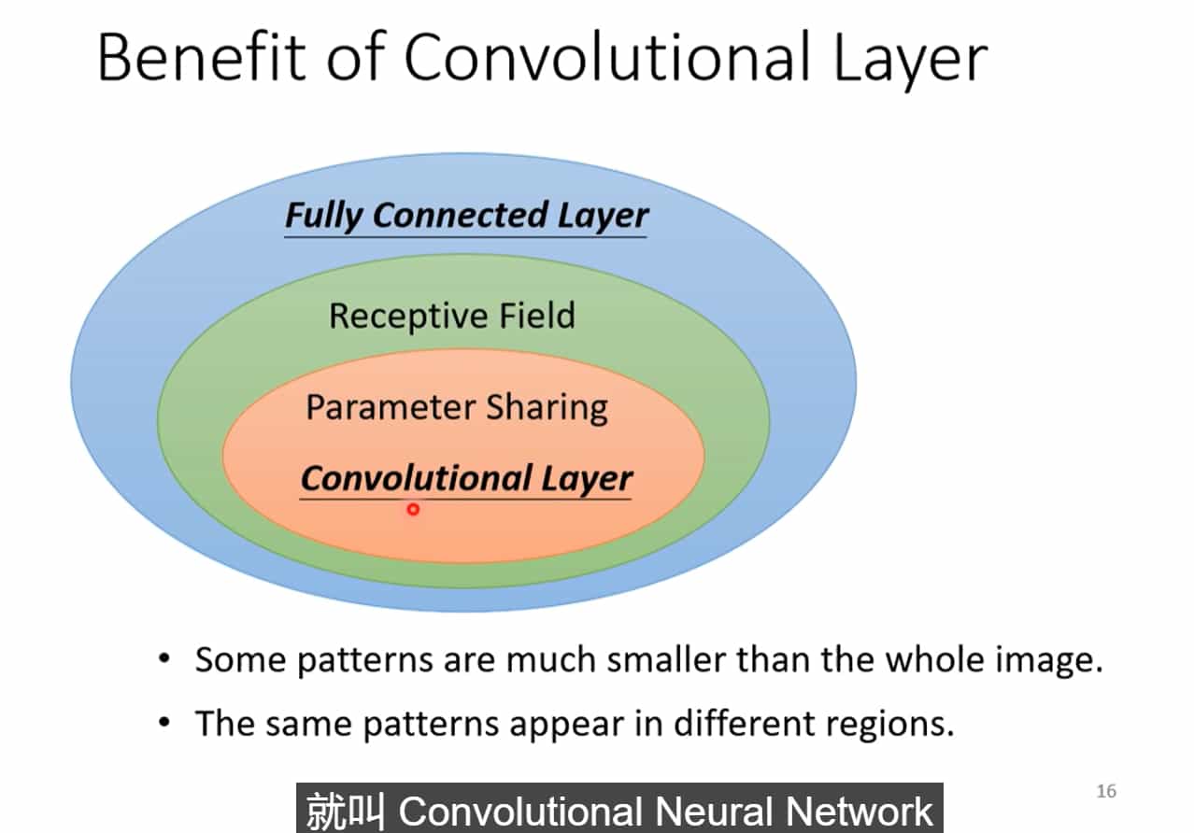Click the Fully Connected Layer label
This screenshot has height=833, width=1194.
click(x=466, y=216)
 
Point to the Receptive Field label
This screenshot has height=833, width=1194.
click(x=451, y=316)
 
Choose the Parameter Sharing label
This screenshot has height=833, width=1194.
click(x=457, y=408)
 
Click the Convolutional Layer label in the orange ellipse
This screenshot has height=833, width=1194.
click(x=466, y=479)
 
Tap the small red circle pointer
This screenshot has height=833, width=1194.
click(x=413, y=509)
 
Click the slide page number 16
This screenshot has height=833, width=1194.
click(x=1106, y=791)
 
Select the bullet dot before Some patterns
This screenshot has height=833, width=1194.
click(x=165, y=659)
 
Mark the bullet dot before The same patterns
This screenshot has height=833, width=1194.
click(x=165, y=722)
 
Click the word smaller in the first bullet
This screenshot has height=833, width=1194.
click(x=666, y=660)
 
